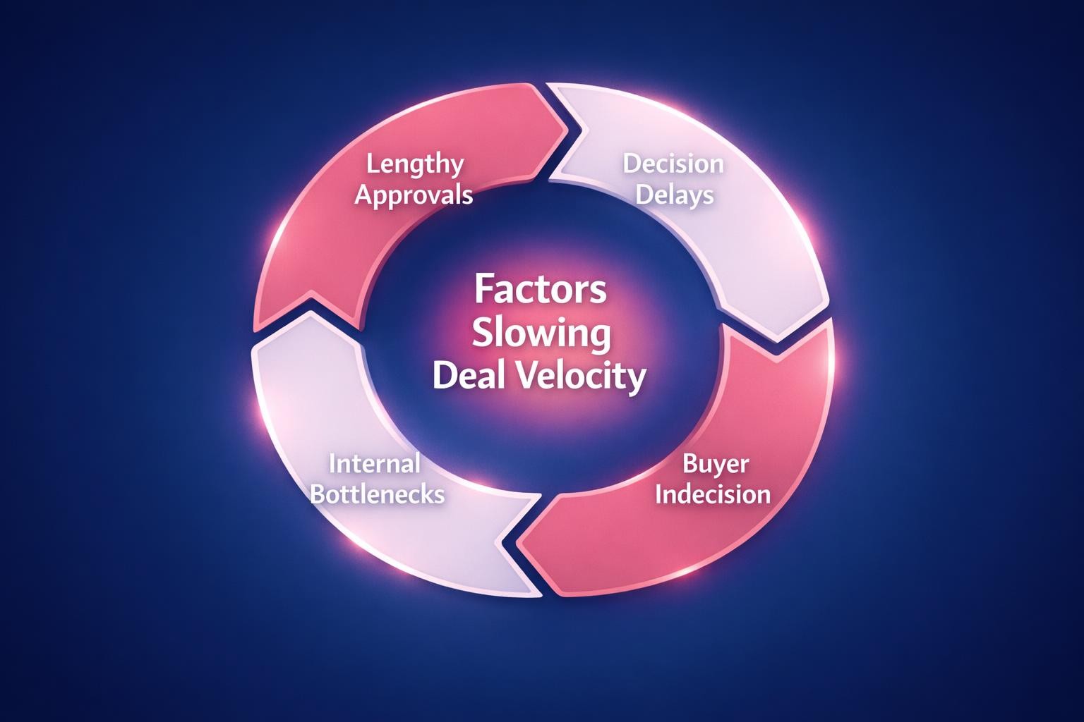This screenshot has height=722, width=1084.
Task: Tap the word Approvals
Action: (x=414, y=195)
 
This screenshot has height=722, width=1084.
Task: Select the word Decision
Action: (x=673, y=164)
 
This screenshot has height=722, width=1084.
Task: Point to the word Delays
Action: (x=675, y=195)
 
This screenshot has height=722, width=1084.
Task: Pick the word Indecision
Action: (x=712, y=494)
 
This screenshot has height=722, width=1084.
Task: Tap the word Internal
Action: (x=375, y=464)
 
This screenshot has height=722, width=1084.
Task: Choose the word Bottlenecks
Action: (x=378, y=494)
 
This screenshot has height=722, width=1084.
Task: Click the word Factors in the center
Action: (x=540, y=289)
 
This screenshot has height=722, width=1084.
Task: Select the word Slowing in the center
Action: (x=541, y=334)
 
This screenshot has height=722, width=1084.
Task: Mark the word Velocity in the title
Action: (x=583, y=377)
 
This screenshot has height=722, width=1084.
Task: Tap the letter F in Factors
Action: (x=481, y=289)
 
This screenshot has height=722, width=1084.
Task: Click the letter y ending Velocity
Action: (x=637, y=379)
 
